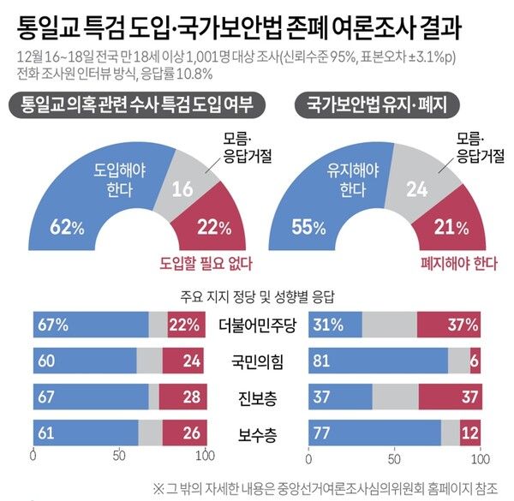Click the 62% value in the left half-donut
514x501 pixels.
[x=67, y=229]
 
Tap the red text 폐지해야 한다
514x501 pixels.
[x=456, y=262]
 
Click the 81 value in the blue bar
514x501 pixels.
[x=299, y=360]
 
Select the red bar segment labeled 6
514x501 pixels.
[x=475, y=360]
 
